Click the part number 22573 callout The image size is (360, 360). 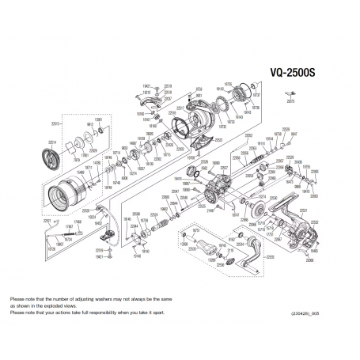290,101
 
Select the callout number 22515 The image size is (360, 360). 54,123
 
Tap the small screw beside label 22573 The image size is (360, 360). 290,93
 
